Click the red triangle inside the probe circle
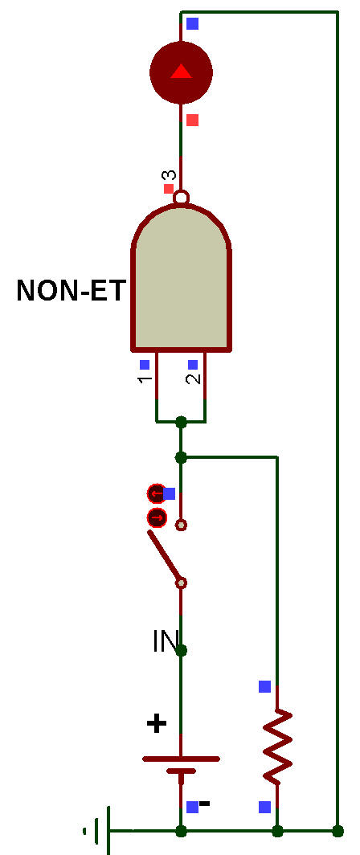click(x=181, y=72)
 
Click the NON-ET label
click(x=72, y=290)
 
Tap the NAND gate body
click(x=182, y=277)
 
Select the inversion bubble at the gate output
click(x=181, y=196)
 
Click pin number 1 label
click(x=145, y=379)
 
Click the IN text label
click(x=166, y=642)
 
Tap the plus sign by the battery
click(x=157, y=724)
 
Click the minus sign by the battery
click(x=204, y=804)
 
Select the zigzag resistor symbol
click(x=277, y=744)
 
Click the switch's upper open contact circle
click(x=181, y=525)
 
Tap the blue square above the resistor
click(x=264, y=686)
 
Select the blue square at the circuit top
click(x=193, y=23)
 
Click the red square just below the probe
click(x=193, y=120)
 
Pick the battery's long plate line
click(x=181, y=759)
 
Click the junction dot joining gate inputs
click(x=182, y=422)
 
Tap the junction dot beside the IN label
click(x=182, y=650)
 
